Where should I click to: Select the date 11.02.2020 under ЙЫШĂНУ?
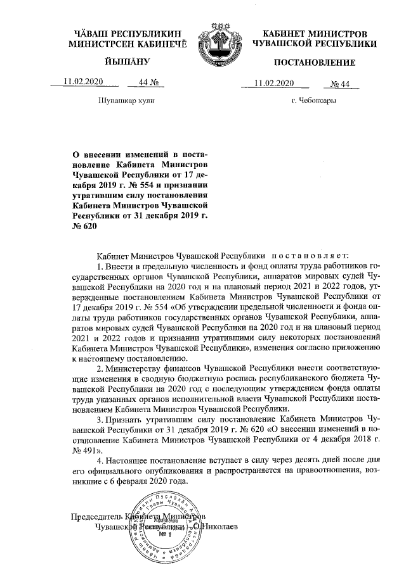point(84,82)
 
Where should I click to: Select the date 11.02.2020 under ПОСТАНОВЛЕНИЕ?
point(273,83)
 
